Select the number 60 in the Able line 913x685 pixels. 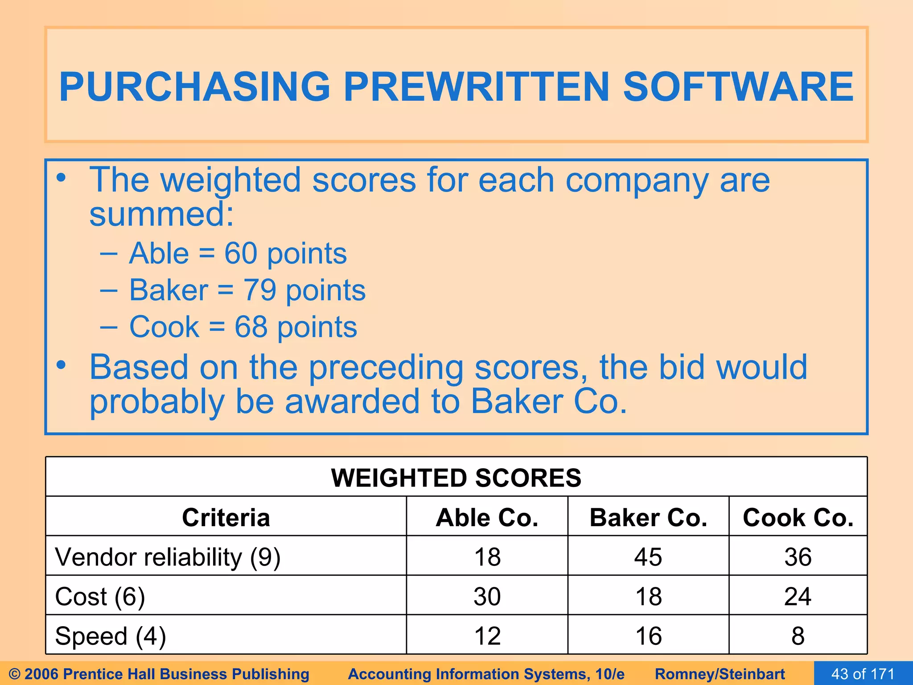241,253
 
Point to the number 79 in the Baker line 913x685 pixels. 259,290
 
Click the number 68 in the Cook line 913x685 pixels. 251,327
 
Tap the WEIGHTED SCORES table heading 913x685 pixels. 456,478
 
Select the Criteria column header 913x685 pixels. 226,517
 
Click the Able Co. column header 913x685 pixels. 487,517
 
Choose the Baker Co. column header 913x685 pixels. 648,517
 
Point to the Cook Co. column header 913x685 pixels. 798,517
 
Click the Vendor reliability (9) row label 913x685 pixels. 168,557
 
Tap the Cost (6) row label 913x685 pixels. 100,597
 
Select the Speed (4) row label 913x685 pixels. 110,636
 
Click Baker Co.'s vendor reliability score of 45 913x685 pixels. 648,557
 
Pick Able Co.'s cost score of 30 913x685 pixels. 487,597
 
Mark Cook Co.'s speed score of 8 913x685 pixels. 798,636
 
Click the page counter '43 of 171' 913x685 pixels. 863,674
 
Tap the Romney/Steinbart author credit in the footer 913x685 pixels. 720,674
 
